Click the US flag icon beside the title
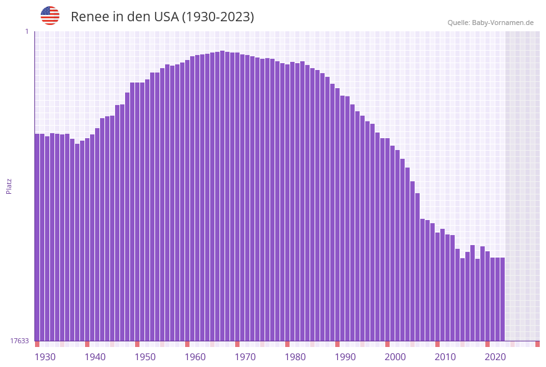click(x=50, y=16)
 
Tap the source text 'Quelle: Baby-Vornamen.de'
click(x=490, y=23)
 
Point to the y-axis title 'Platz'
click(x=9, y=186)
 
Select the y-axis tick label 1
click(x=26, y=31)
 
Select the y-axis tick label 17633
click(x=19, y=341)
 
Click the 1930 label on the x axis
click(x=45, y=357)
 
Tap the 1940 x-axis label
click(x=95, y=357)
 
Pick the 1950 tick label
click(x=145, y=357)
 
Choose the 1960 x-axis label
click(x=195, y=357)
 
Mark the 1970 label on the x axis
click(x=245, y=357)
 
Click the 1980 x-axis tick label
click(x=295, y=357)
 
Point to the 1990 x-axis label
click(x=345, y=357)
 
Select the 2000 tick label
click(x=395, y=357)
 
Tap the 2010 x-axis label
click(x=445, y=357)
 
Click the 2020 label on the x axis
click(x=495, y=357)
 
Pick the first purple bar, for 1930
click(x=37, y=238)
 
